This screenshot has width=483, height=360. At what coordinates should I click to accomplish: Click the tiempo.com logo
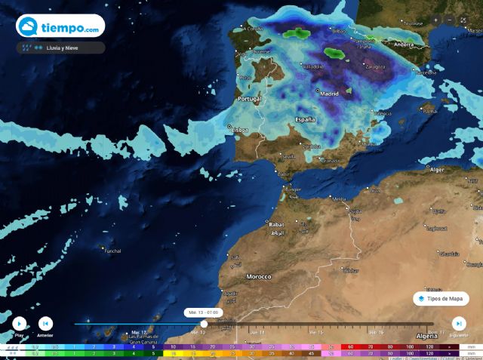60,27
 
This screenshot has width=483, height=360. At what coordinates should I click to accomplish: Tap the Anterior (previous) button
45,323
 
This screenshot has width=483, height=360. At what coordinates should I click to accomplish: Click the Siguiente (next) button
458,323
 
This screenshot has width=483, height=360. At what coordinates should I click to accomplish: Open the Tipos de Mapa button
441,299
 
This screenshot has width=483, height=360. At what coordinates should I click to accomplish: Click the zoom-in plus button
436,20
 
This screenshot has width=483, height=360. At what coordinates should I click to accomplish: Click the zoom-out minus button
450,20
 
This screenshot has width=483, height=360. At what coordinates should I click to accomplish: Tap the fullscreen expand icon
463,20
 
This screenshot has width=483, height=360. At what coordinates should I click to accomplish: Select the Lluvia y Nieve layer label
63,48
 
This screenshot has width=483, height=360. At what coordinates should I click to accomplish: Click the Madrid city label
330,94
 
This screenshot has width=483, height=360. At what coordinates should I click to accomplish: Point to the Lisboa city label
239,129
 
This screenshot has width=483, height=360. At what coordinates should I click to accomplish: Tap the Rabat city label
275,224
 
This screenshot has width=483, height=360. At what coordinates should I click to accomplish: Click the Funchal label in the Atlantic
112,251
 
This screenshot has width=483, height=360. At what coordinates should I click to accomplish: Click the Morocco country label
259,276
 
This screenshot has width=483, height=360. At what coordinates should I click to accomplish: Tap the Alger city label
437,170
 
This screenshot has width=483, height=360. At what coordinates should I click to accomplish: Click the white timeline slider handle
204,324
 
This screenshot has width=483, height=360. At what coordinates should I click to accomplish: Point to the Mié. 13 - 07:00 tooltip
204,312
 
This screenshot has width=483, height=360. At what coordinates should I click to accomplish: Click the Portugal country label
249,99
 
